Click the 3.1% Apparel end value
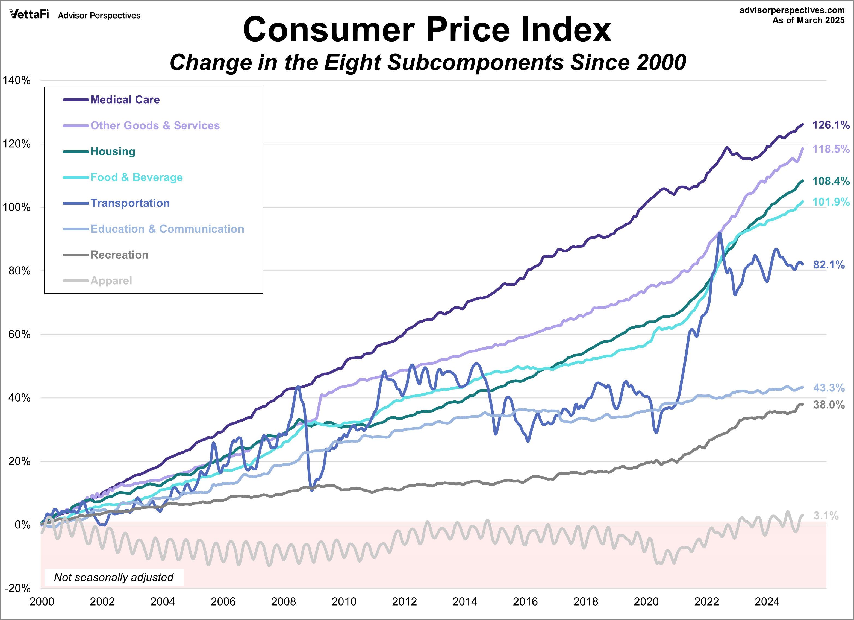click(826, 516)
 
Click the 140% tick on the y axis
click(17, 80)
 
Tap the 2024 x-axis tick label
click(767, 601)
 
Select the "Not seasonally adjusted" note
click(114, 577)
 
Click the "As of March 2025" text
click(808, 20)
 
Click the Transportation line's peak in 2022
click(720, 233)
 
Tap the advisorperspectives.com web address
click(792, 10)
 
